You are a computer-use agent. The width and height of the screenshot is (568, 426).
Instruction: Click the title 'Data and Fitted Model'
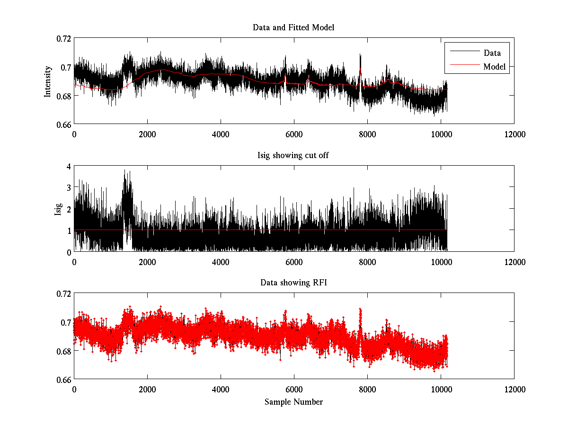tap(293, 27)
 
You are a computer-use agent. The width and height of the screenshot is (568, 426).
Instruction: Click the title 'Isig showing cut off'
tap(293, 156)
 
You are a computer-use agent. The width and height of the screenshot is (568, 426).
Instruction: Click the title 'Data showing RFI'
tap(293, 283)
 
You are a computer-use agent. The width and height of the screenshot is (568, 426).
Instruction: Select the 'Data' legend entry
tap(492, 53)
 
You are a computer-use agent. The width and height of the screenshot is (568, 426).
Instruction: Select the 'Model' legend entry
tap(494, 67)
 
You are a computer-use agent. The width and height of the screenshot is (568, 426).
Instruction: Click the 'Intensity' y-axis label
tap(48, 81)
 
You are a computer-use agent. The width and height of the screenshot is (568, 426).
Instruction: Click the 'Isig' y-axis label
tap(58, 209)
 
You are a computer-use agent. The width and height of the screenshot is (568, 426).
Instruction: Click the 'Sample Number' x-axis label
tap(293, 402)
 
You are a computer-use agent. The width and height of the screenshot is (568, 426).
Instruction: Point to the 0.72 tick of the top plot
tap(63, 38)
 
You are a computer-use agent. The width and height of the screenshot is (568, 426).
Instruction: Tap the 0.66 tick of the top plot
tap(63, 124)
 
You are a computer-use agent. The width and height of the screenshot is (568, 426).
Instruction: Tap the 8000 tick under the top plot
tap(367, 134)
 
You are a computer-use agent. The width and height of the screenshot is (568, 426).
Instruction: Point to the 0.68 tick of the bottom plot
tap(63, 351)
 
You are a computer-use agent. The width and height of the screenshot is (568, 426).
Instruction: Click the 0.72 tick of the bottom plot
tap(63, 293)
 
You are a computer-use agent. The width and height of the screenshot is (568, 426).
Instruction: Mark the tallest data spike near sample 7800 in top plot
tap(360, 55)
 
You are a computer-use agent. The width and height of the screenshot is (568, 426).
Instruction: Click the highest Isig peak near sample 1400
tap(124, 170)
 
